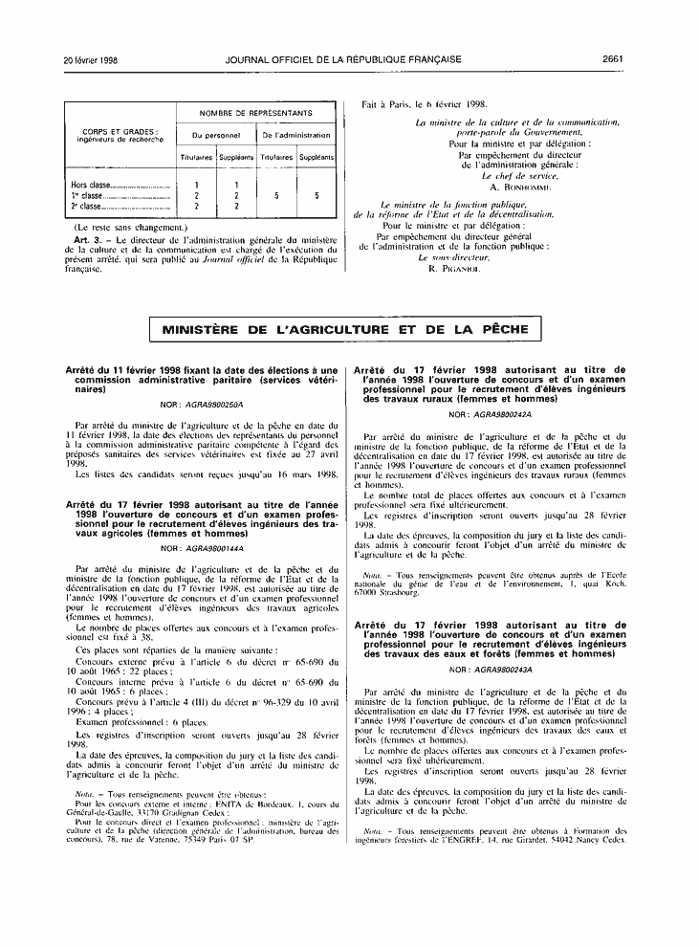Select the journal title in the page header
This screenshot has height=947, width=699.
tap(343, 59)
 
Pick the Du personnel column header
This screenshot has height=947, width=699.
tap(216, 136)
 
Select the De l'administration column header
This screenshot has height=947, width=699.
tap(296, 136)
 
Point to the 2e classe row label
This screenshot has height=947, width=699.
tap(90, 206)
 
